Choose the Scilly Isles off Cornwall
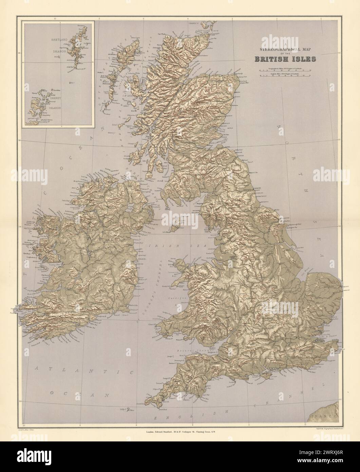coord(127,410)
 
